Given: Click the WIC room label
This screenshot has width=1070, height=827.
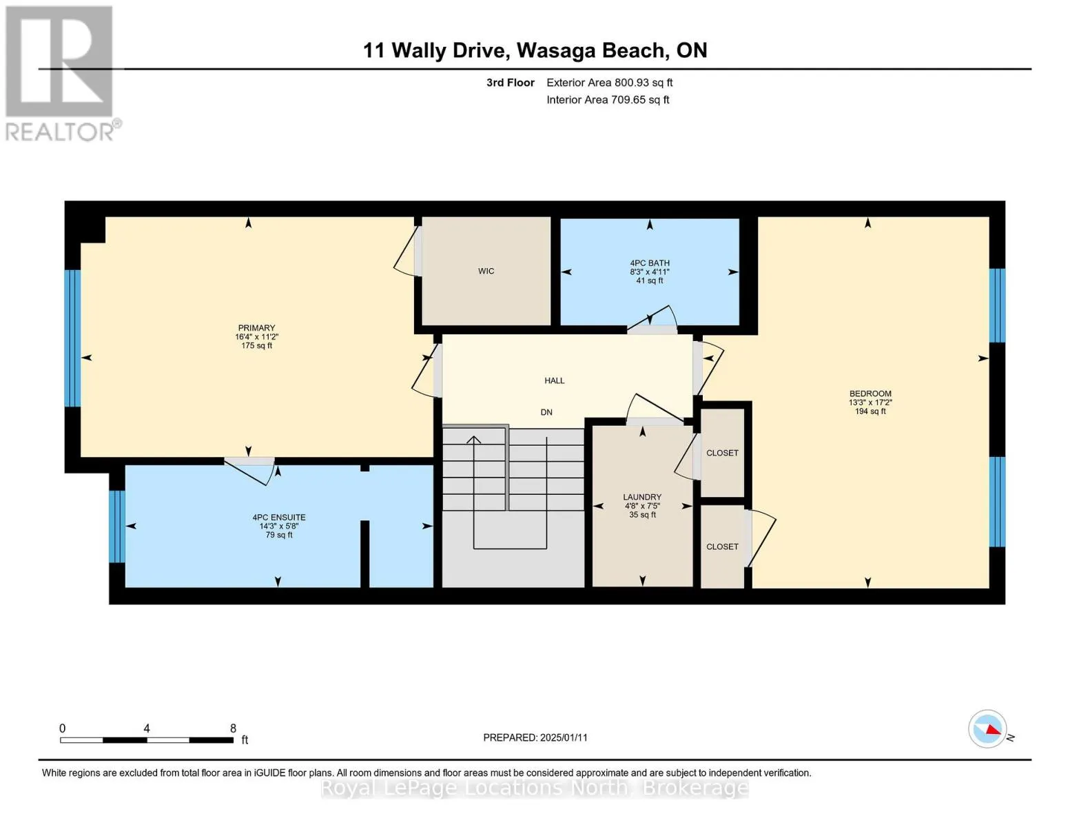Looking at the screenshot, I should tap(486, 271).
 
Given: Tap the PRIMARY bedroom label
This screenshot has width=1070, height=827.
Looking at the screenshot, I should tap(256, 328).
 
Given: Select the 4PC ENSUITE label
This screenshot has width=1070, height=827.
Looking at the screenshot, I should tap(278, 518).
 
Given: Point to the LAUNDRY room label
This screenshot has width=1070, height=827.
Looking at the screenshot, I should tap(642, 497).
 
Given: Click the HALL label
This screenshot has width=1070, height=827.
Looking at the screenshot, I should tap(554, 380).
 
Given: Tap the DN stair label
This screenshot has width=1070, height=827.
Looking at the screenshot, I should tap(546, 412).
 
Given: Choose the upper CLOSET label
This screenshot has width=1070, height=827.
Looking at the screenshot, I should tap(722, 453).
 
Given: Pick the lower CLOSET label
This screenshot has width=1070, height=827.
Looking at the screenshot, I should tap(722, 547).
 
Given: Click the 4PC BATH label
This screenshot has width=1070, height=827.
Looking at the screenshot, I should tap(649, 263).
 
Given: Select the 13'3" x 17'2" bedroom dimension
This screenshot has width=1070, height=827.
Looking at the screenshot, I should tap(870, 402).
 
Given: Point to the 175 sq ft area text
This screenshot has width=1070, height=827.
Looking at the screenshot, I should tap(256, 346).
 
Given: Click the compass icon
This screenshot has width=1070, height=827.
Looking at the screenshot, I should tap(988, 728).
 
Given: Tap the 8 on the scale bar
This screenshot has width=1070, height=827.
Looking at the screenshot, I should tap(233, 728).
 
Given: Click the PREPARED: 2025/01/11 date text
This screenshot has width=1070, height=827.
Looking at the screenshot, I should tap(535, 737).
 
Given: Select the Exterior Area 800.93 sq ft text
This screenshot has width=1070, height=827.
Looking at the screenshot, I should tap(609, 83).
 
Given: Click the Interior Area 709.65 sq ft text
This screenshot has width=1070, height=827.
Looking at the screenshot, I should tap(608, 100).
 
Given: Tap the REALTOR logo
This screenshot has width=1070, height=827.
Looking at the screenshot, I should tap(61, 73).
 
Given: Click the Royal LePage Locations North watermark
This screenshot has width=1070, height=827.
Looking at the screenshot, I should tap(535, 788).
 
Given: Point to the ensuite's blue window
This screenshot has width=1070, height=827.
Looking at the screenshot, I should tap(117, 526).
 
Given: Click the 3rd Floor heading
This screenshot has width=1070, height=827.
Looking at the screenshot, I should tap(510, 83).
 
